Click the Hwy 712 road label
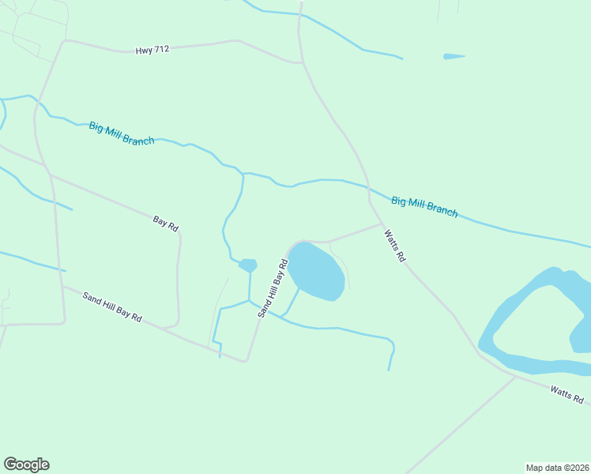point(152,50)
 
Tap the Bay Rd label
point(166,223)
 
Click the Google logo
point(26,465)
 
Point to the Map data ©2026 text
point(557,467)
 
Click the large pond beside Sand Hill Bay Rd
point(315,271)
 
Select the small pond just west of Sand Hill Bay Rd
point(248,265)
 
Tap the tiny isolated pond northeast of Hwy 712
point(454,56)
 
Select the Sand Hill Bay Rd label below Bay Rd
point(112,307)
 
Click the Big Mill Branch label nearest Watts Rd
point(424,207)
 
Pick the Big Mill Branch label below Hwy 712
point(122,134)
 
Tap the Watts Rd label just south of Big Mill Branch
point(394,245)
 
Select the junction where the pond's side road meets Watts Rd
point(382,224)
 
